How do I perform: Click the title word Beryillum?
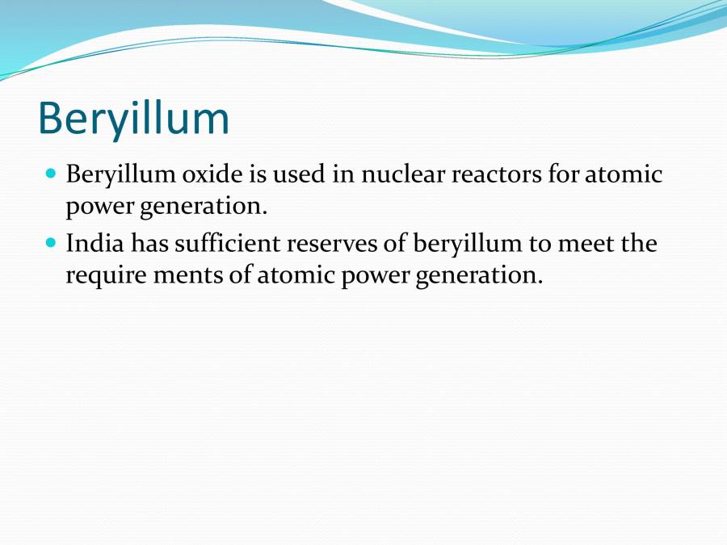133,118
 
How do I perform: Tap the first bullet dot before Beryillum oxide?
51,173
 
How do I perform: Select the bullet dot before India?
51,241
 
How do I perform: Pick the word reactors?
502,174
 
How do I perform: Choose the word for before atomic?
563,174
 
